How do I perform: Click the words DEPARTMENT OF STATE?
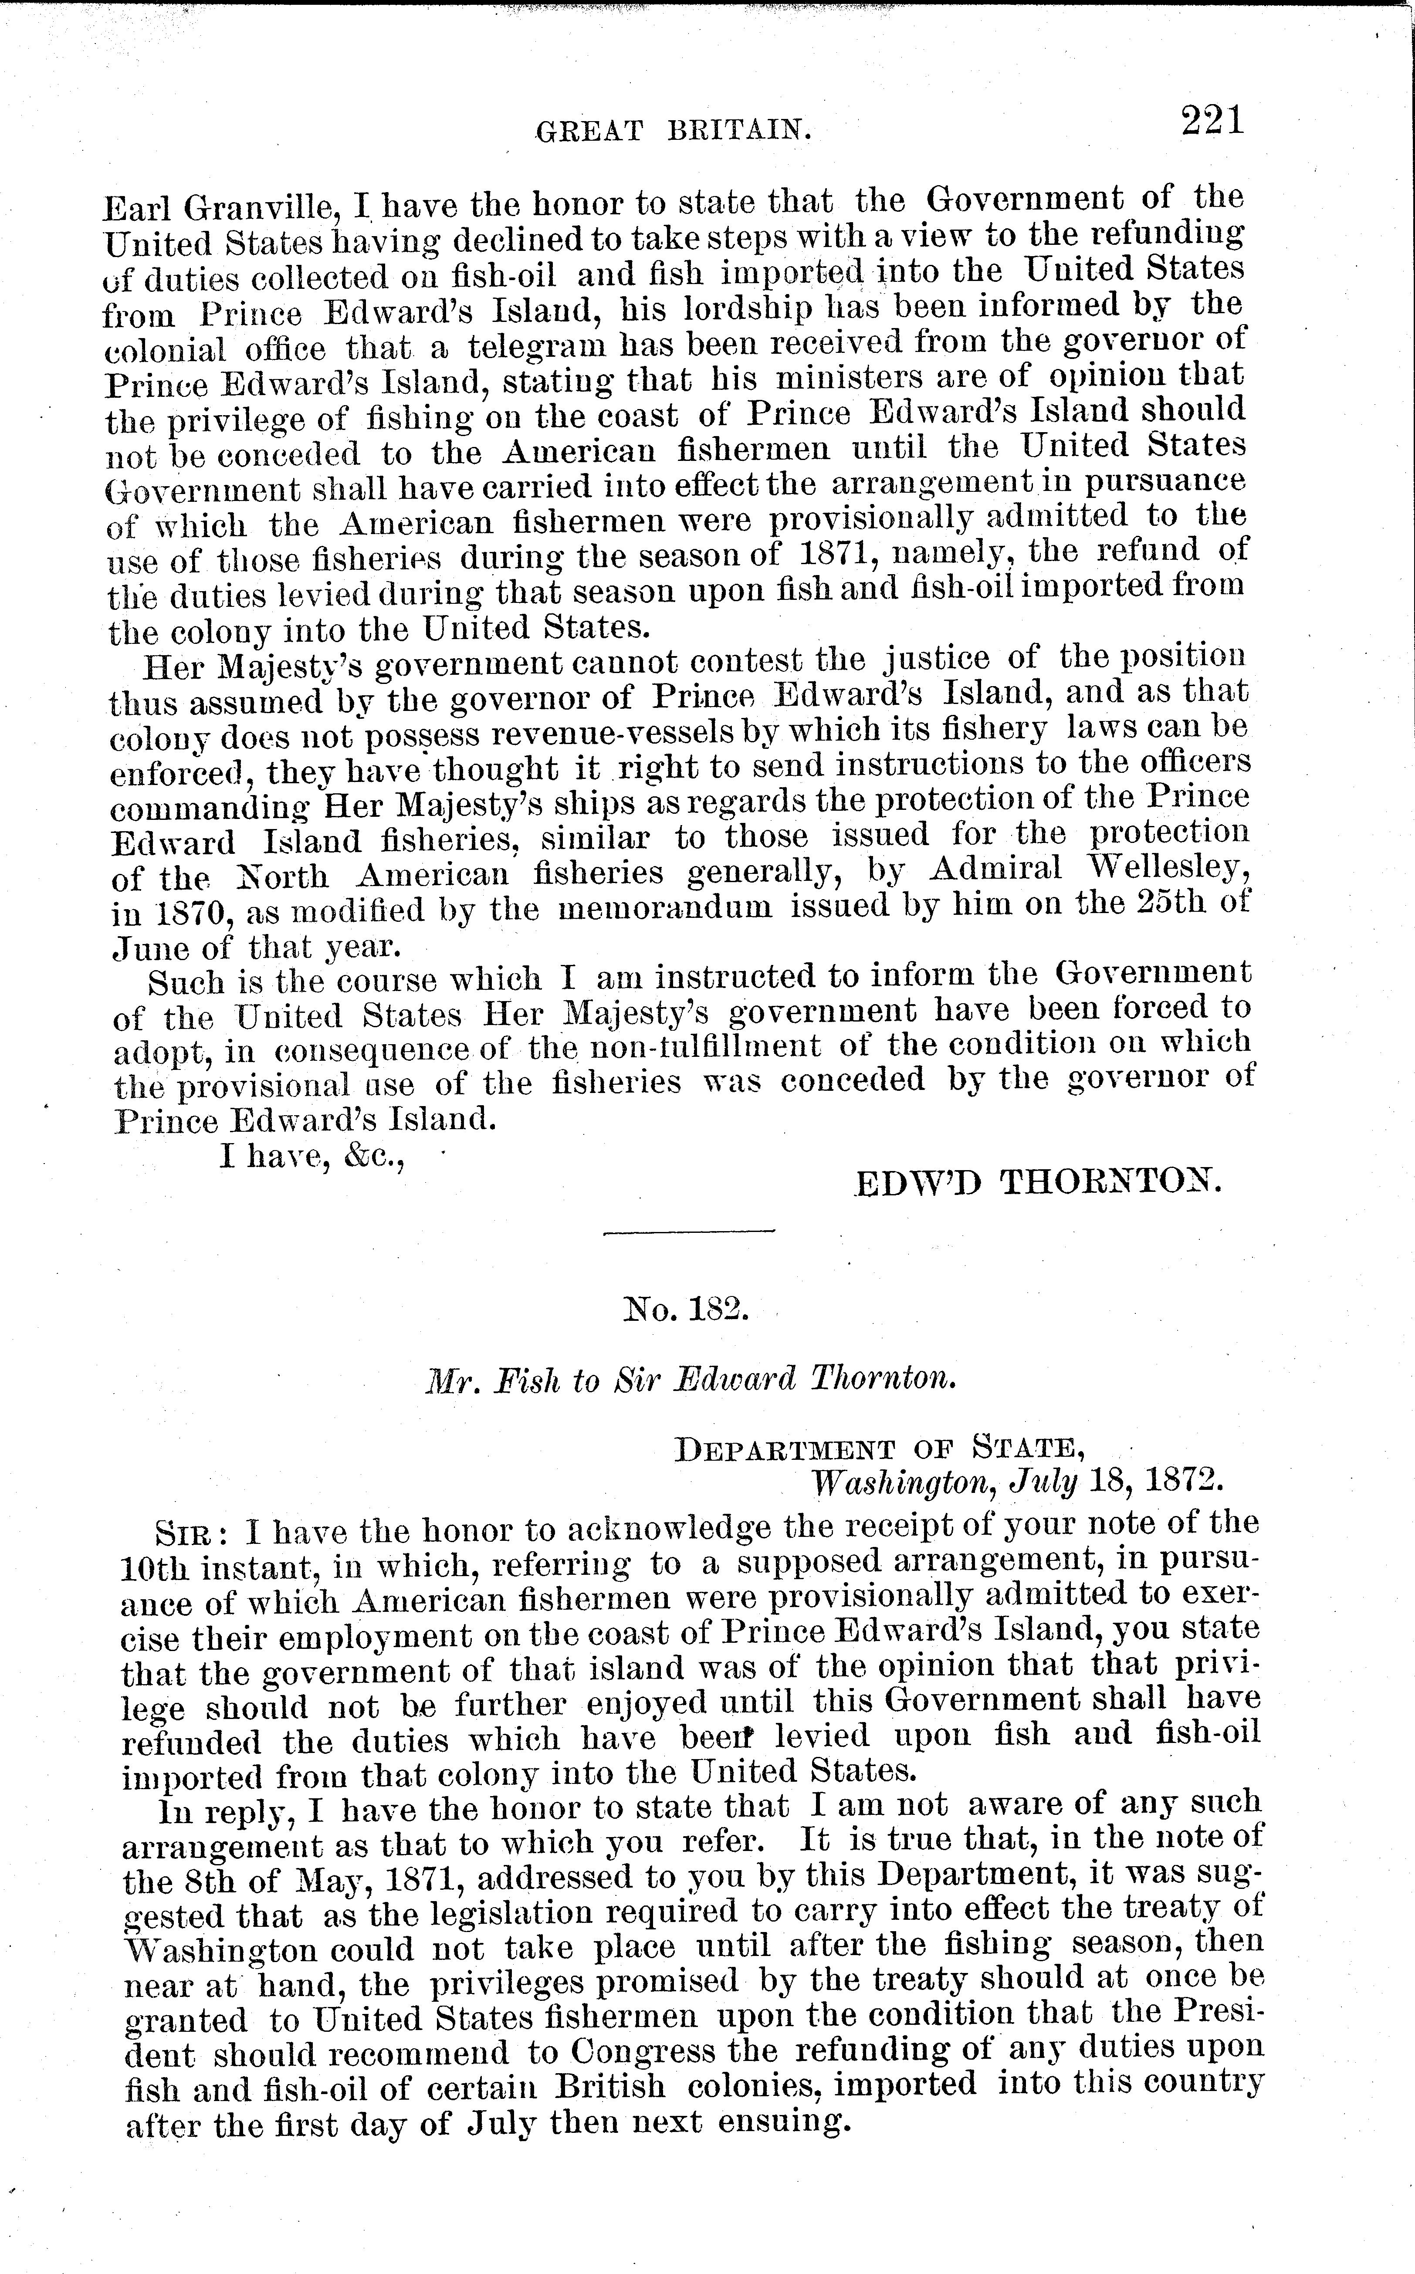click(x=880, y=1448)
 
